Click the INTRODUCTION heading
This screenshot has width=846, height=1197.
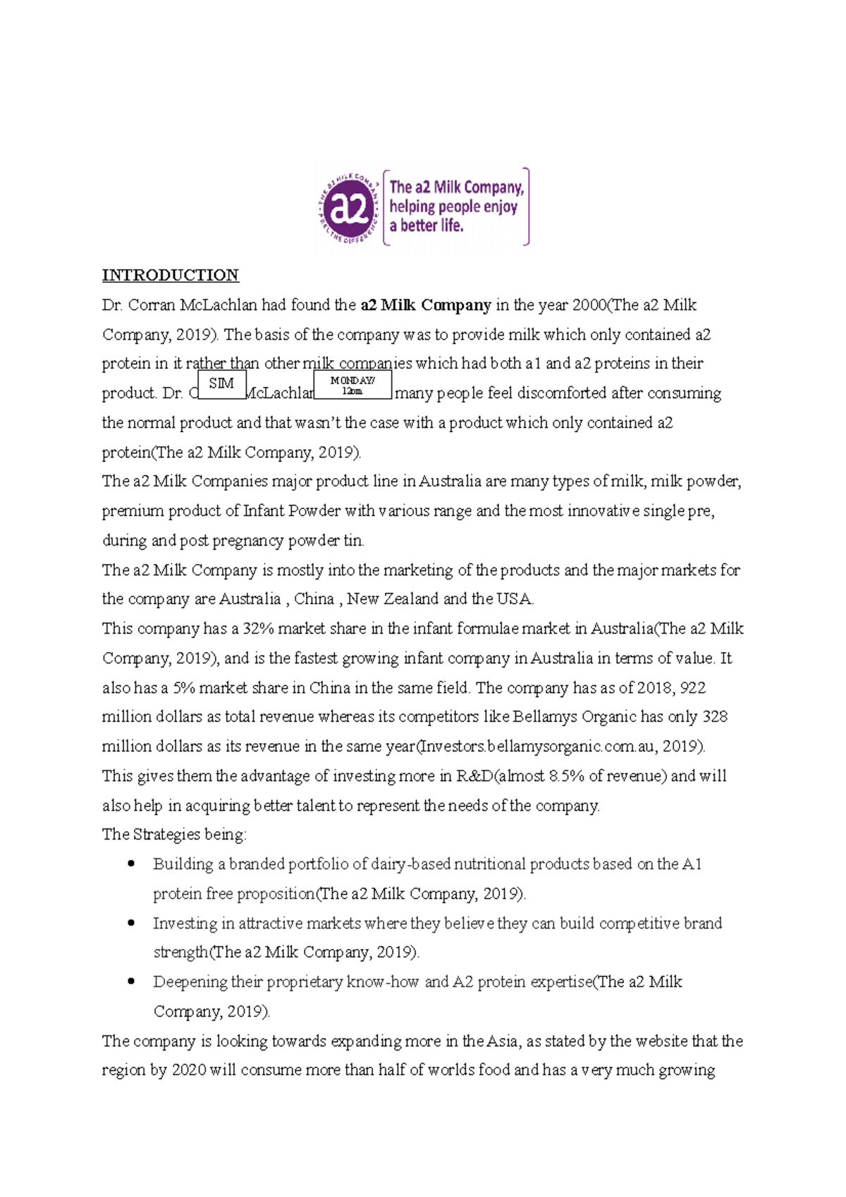[x=170, y=275]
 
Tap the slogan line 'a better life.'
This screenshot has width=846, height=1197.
[x=426, y=226]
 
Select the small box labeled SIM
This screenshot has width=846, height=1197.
[x=221, y=384]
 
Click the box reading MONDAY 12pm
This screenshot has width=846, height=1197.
[x=352, y=385]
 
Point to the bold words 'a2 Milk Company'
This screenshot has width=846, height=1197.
[x=426, y=305]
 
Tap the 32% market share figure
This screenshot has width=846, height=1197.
[x=258, y=629]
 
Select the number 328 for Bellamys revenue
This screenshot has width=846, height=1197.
[x=715, y=717]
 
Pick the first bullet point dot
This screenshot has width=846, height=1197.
[x=131, y=864]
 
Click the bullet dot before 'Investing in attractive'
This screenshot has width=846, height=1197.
[x=131, y=923]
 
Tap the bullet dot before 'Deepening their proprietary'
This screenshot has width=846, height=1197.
[x=131, y=981]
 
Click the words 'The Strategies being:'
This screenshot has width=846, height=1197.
[x=174, y=835]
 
